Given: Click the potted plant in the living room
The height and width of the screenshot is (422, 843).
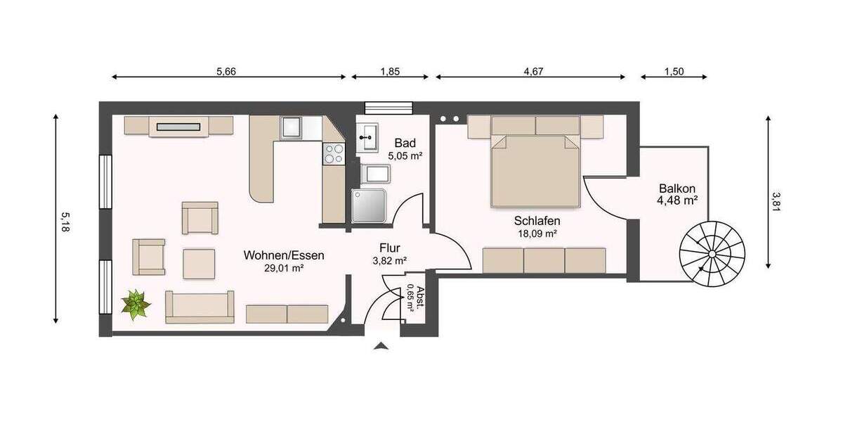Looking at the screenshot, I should pyautogui.click(x=136, y=305).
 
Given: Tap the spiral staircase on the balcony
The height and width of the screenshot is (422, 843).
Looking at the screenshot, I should pyautogui.click(x=711, y=253).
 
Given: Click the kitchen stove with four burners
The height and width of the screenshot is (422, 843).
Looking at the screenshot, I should pyautogui.click(x=333, y=153).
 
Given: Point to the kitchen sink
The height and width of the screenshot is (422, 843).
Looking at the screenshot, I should pyautogui.click(x=292, y=128).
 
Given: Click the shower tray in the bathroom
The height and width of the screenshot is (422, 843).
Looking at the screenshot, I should pyautogui.click(x=369, y=205).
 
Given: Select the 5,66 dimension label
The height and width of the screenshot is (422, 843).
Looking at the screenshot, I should pyautogui.click(x=226, y=71).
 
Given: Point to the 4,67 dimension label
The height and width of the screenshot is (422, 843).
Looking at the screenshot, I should pyautogui.click(x=534, y=71).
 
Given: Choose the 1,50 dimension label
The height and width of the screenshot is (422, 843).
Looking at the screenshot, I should pyautogui.click(x=674, y=71).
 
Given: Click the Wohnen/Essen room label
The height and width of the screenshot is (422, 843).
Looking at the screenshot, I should pyautogui.click(x=284, y=255).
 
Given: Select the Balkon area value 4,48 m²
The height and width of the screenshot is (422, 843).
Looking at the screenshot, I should pyautogui.click(x=677, y=200).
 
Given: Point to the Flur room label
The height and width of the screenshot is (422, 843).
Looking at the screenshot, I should pyautogui.click(x=390, y=248).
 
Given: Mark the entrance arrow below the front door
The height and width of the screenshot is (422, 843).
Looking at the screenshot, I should pyautogui.click(x=381, y=345).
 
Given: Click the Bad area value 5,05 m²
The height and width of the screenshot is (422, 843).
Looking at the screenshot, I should pyautogui.click(x=405, y=155).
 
